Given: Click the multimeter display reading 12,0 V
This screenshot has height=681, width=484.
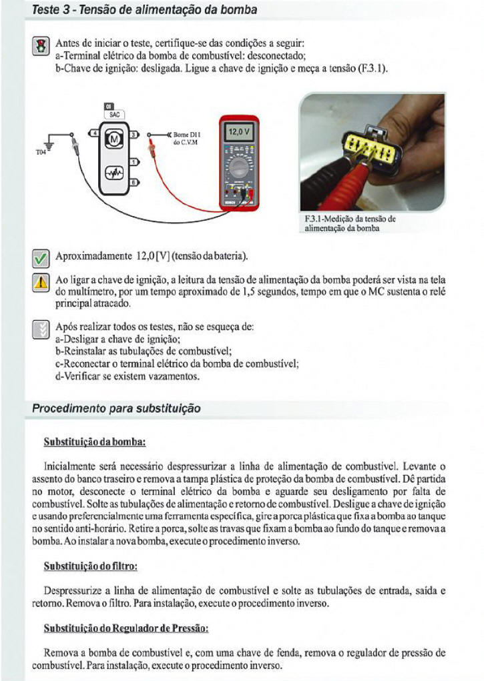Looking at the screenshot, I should point(238,132).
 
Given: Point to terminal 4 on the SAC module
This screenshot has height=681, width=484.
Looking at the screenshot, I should point(94,135).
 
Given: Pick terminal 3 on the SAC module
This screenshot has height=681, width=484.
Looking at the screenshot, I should point(133,135).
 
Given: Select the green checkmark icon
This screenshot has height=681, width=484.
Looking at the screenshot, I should point(40,257).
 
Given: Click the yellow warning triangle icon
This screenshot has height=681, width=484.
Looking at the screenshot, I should point(40,281).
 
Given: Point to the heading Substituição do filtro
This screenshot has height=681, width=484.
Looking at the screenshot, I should point(90,566).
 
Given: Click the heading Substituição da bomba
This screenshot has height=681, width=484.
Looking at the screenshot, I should point(94,442).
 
